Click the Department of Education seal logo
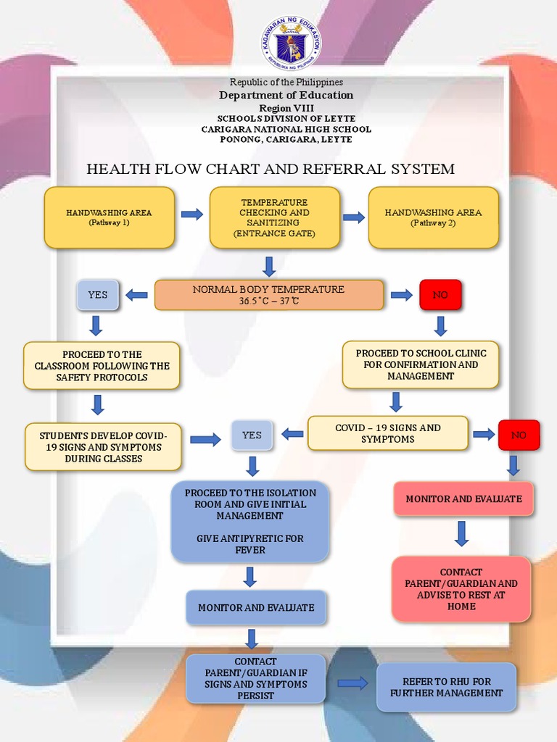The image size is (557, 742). click(x=292, y=43)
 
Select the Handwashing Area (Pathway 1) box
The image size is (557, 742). click(x=109, y=217)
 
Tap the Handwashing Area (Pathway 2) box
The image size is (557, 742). click(x=433, y=217)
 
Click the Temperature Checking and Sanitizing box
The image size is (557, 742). click(x=274, y=217)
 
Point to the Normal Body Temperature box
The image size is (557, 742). click(x=268, y=295)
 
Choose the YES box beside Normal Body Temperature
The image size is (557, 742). click(x=97, y=295)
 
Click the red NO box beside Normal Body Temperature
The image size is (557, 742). click(x=440, y=295)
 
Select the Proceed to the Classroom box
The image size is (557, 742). click(x=102, y=366)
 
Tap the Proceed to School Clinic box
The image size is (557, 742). click(x=421, y=364)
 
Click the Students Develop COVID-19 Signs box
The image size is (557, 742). click(x=103, y=447)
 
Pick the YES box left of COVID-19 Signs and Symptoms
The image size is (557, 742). click(x=252, y=435)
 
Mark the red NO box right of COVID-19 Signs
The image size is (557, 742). click(x=518, y=435)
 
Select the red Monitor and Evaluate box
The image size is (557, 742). click(x=463, y=499)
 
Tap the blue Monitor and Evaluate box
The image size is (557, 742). click(x=256, y=607)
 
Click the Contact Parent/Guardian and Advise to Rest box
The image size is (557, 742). click(x=461, y=589)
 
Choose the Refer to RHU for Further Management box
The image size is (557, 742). click(x=446, y=687)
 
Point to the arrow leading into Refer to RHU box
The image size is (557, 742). click(x=352, y=683)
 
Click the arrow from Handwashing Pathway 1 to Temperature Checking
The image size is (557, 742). click(x=191, y=214)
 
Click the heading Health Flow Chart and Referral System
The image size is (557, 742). click(x=271, y=169)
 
